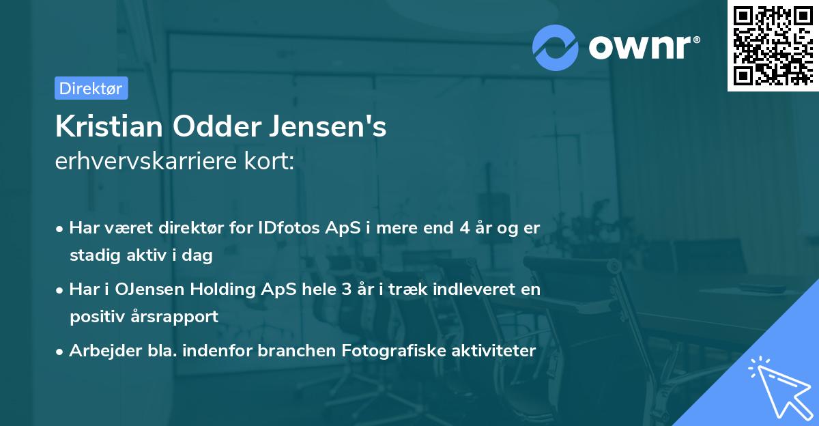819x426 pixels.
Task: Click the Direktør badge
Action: click(91, 88)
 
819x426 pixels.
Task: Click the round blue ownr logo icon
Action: click(556, 47)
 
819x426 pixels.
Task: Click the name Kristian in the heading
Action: click(109, 127)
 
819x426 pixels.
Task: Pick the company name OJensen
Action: click(147, 289)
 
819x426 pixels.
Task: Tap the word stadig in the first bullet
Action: click(91, 256)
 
